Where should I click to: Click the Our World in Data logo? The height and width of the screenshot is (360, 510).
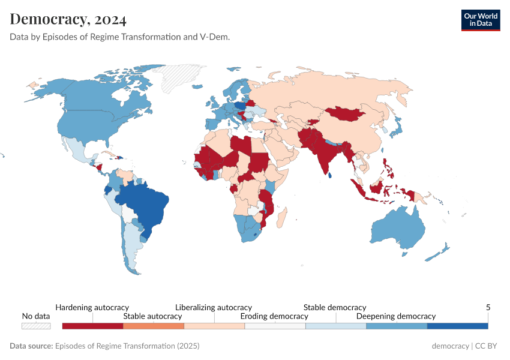tap(480, 20)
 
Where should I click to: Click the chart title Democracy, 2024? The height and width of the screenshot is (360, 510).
tap(68, 19)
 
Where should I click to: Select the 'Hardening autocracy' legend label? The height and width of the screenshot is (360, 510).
tap(92, 307)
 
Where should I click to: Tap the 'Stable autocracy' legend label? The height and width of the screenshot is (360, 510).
tap(152, 316)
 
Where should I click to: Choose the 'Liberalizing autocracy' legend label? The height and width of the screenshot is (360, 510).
tap(214, 307)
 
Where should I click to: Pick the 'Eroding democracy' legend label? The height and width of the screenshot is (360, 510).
tap(274, 316)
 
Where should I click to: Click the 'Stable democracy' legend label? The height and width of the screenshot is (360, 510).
tap(335, 307)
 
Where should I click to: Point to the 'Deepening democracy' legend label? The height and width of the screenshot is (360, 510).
tap(396, 316)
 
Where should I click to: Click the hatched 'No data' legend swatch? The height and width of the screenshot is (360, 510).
tap(36, 326)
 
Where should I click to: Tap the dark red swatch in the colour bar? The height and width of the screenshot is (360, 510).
tap(92, 326)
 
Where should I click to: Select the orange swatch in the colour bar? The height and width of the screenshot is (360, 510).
tap(153, 326)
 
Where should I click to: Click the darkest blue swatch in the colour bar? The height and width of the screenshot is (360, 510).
tap(457, 326)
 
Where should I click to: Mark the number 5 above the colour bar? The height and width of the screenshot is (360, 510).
tap(488, 307)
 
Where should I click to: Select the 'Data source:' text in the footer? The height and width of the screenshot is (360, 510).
tap(31, 346)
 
